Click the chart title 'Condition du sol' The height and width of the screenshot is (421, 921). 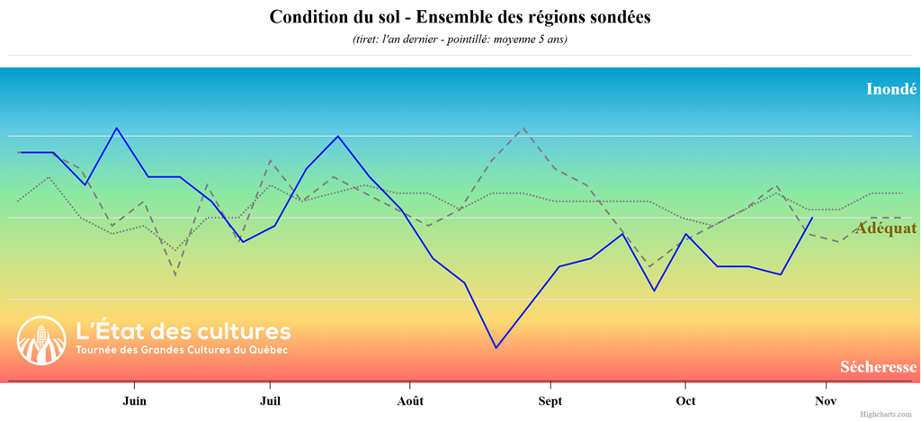click(460, 17)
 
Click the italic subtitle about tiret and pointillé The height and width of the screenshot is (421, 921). click(460, 40)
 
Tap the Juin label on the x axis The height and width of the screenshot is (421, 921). click(134, 400)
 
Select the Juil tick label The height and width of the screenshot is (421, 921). click(268, 400)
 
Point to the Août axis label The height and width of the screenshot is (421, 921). click(410, 400)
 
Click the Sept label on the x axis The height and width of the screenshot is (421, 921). click(550, 400)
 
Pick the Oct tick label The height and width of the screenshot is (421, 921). click(686, 400)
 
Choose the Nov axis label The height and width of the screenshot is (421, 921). click(825, 400)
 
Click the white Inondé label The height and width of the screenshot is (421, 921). click(890, 89)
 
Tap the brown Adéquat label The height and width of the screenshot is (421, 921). click(886, 228)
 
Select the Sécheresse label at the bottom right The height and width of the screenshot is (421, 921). click(879, 367)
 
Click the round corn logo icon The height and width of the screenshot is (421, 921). click(41, 341)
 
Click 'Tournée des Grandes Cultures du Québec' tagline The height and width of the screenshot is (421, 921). click(183, 350)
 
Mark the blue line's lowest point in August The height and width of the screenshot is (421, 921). click(496, 347)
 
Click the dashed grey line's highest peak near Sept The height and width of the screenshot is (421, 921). click(523, 128)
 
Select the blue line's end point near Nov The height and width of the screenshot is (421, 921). click(813, 218)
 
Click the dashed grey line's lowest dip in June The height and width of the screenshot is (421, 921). click(174, 274)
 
